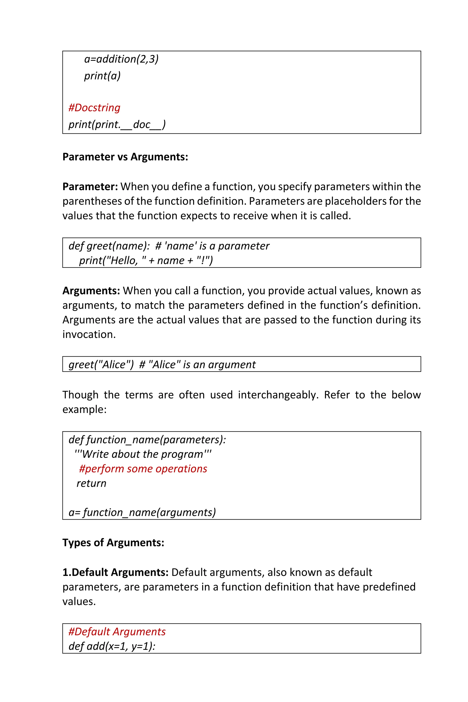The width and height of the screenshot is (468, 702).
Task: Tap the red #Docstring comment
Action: click(x=94, y=108)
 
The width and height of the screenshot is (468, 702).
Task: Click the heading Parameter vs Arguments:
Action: click(x=125, y=157)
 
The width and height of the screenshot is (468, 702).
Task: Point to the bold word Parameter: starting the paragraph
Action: click(x=90, y=186)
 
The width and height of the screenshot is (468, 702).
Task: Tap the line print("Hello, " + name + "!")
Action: click(x=146, y=261)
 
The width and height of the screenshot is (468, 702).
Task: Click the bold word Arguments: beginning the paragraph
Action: click(x=91, y=291)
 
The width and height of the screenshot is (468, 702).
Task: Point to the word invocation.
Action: click(x=89, y=335)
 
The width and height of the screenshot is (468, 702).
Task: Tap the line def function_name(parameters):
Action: click(x=147, y=440)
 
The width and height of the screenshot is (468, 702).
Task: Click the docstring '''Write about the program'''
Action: click(x=143, y=454)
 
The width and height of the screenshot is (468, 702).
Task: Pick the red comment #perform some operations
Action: click(x=143, y=469)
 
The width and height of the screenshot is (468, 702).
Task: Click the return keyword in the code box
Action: click(x=91, y=484)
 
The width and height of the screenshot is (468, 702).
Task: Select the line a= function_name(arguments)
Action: click(x=142, y=513)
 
